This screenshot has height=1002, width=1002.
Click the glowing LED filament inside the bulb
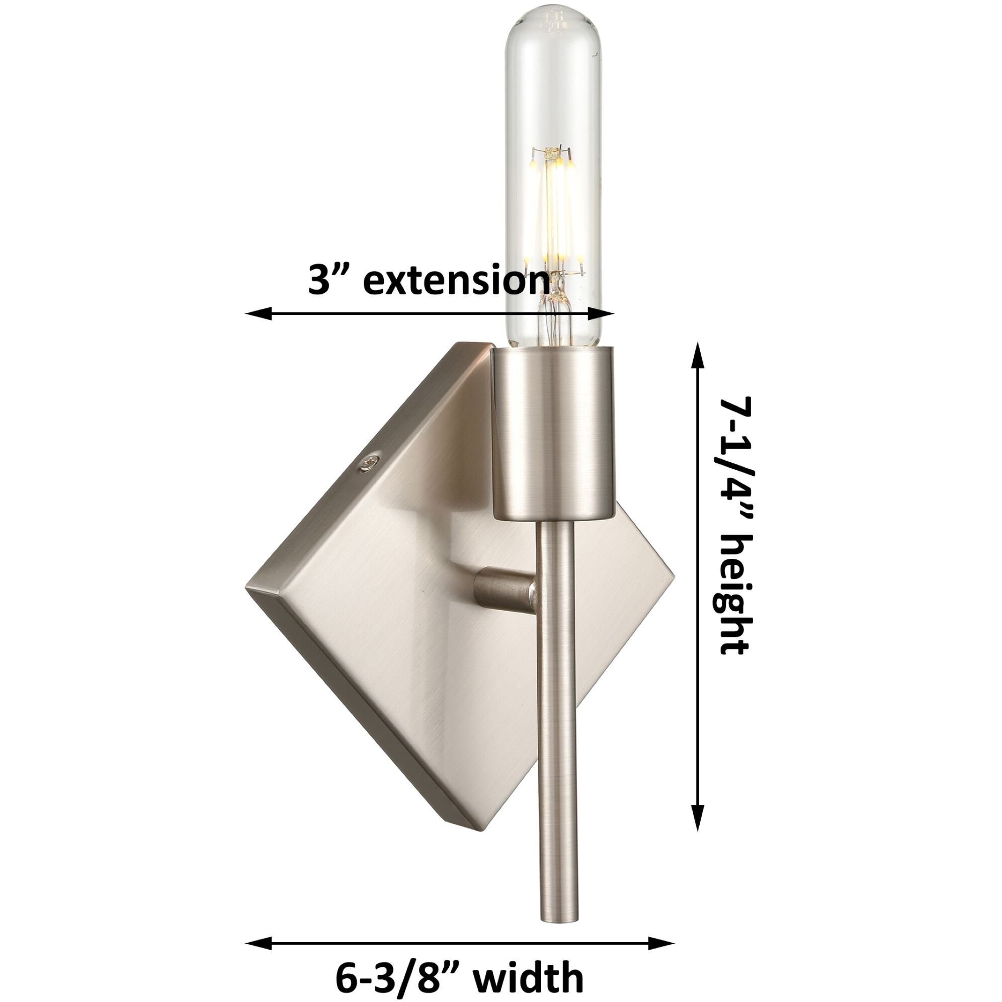(554, 207)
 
